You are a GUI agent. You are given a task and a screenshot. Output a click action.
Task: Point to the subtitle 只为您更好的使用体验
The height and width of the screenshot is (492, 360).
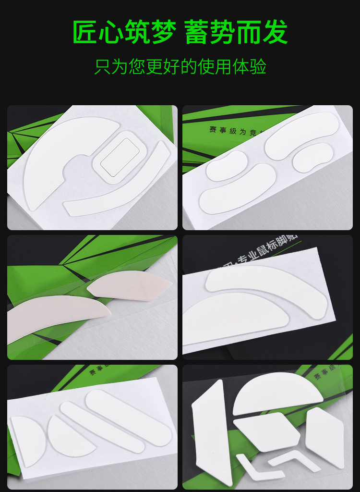180,66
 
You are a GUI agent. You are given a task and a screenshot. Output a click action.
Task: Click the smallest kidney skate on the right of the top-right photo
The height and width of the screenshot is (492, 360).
312,158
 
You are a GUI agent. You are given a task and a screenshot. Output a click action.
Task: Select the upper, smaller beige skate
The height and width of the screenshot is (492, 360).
130,286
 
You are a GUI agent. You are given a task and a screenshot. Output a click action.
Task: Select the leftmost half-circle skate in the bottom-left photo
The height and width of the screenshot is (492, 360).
26,440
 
